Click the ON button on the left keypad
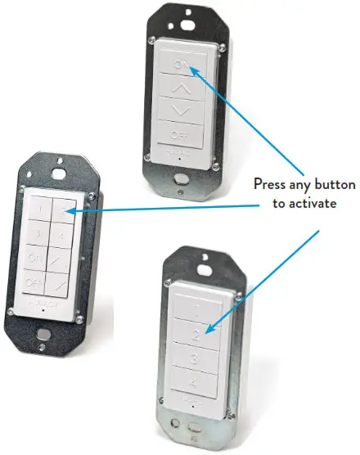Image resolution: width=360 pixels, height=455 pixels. (x=35, y=259)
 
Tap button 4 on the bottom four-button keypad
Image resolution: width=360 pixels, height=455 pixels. (x=193, y=382)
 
